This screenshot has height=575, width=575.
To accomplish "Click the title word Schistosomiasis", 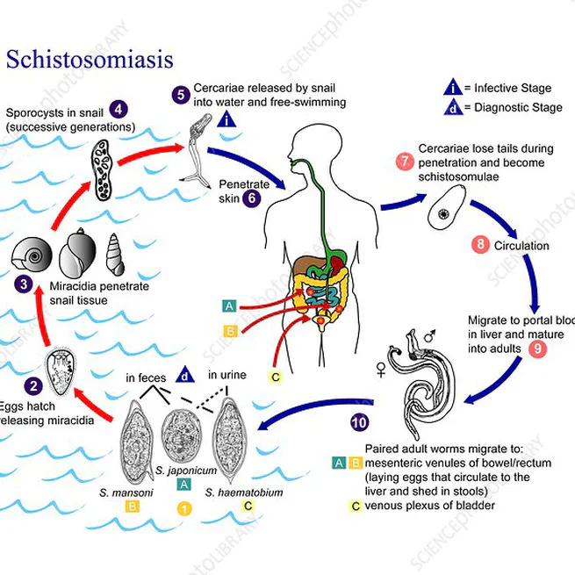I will tap(90, 60).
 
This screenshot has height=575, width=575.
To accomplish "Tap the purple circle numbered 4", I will tap(118, 110).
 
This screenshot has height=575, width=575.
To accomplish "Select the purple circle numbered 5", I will tap(180, 95).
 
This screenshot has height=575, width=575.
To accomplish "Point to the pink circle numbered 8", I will tap(480, 245).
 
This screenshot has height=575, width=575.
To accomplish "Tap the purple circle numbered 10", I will tap(359, 422).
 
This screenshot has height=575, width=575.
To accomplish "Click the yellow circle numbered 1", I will tap(183, 507).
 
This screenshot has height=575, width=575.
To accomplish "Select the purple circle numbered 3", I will tap(24, 284).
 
